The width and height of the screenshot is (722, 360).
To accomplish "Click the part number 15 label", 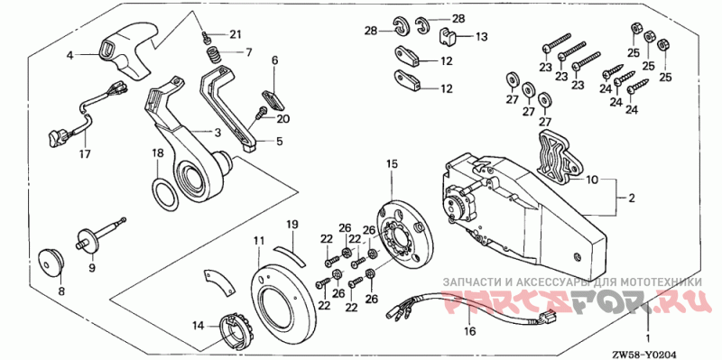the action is (392, 163).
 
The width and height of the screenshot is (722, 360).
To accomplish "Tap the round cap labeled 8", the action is (50, 263).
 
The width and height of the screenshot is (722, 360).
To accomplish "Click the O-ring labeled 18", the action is (164, 195).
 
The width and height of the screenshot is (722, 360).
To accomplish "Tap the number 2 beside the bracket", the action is (632, 198).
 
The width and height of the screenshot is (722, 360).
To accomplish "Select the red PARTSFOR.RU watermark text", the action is (573, 300).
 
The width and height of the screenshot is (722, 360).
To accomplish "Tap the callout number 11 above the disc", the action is (259, 240).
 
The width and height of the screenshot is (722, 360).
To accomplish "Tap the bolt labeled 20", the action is (262, 112).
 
